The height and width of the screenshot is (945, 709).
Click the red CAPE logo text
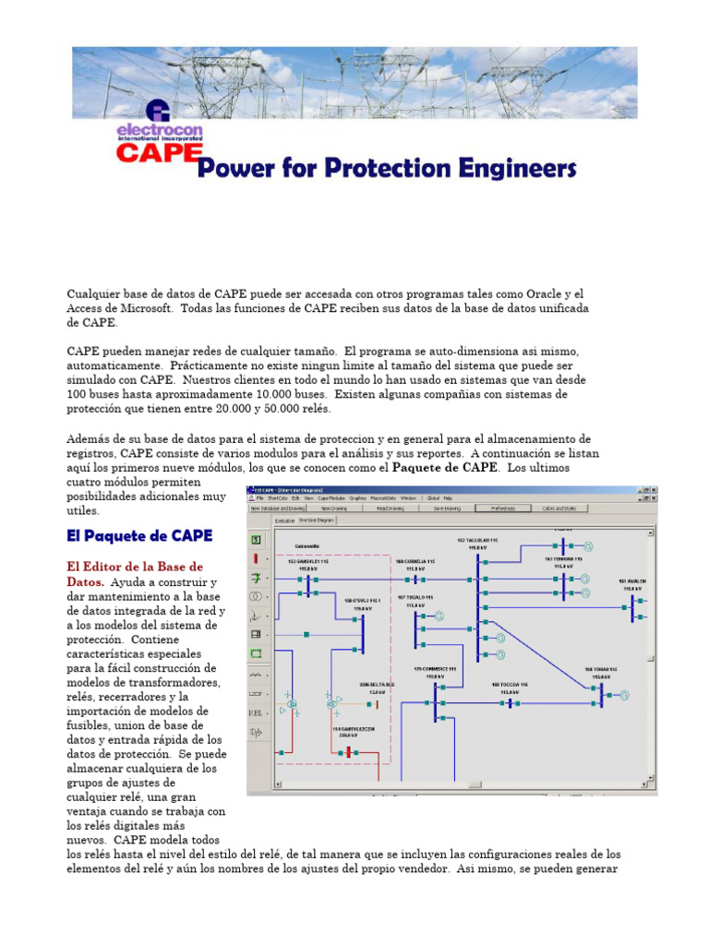tap(158, 151)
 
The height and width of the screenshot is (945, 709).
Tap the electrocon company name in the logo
tap(159, 130)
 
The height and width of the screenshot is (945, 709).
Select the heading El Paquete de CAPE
tap(139, 535)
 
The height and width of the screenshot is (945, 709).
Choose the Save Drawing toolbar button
tap(446, 508)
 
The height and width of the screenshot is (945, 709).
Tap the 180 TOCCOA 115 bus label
tap(509, 686)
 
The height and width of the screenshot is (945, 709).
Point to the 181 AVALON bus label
tap(634, 582)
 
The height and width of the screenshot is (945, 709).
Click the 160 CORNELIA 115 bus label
tap(415, 562)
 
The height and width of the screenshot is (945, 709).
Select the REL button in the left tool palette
tap(256, 712)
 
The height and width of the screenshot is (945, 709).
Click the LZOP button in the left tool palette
tap(256, 693)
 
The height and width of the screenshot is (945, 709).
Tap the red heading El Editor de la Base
tap(135, 566)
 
